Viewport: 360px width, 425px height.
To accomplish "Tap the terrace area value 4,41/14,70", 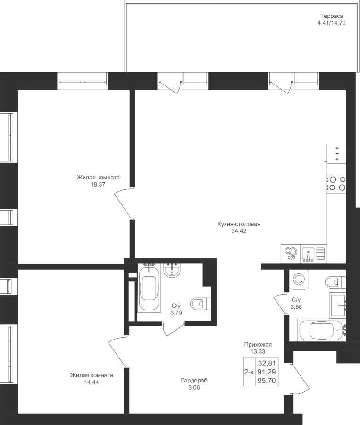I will point(331,22).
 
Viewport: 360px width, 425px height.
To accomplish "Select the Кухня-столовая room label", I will point(239,224).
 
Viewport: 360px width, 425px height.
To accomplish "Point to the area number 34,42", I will point(239,231).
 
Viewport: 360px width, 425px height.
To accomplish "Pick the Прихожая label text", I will point(257,345).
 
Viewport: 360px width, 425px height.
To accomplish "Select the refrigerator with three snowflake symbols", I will point(337,154).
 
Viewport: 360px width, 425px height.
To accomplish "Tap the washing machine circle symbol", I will point(299,280).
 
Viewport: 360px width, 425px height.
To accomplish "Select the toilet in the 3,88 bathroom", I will point(334,282).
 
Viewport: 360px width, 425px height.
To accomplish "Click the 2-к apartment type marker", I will point(249,372).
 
